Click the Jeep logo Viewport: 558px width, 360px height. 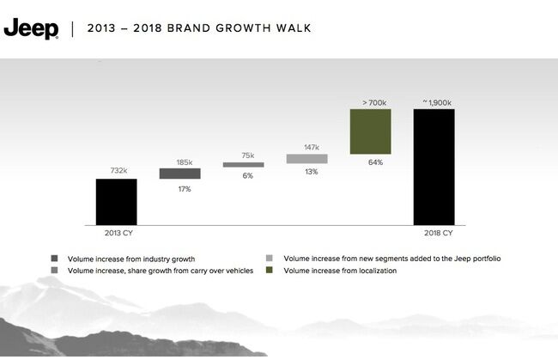pyautogui.click(x=31, y=28)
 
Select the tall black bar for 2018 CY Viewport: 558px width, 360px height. pyautogui.click(x=434, y=167)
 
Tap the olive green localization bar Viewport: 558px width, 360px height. pyautogui.click(x=371, y=131)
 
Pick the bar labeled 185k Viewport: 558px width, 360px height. pyautogui.click(x=179, y=174)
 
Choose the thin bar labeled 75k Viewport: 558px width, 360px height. pyautogui.click(x=243, y=164)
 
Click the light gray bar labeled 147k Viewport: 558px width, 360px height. pyautogui.click(x=306, y=159)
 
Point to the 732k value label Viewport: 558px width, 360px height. pyautogui.click(x=117, y=171)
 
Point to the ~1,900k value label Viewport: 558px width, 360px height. pyautogui.click(x=436, y=101)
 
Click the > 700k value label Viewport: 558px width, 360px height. pyautogui.click(x=373, y=101)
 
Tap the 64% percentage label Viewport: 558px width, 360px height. pyautogui.click(x=375, y=162)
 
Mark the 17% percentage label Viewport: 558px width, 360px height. pyautogui.click(x=185, y=188)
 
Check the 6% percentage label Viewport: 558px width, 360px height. pyautogui.click(x=248, y=175)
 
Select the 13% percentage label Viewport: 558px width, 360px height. pyautogui.click(x=311, y=172)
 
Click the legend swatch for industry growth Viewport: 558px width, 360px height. pyautogui.click(x=55, y=259)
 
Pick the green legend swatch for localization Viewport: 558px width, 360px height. pyautogui.click(x=270, y=271)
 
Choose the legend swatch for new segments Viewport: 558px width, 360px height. pyautogui.click(x=270, y=259)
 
